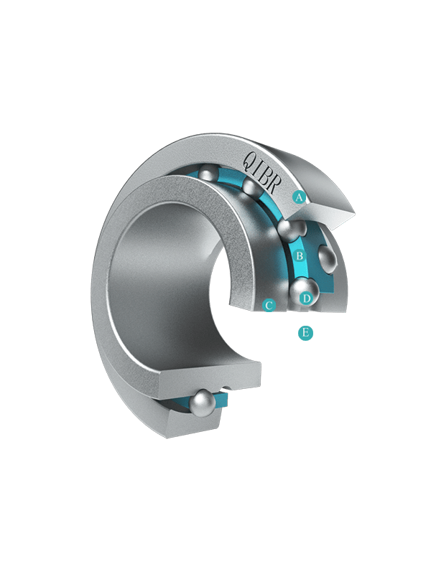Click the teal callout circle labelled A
tap(299, 198)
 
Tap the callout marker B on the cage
tap(300, 255)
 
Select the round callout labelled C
tap(269, 305)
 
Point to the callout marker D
tap(307, 298)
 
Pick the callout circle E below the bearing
tap(306, 333)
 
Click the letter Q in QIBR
tap(251, 160)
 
